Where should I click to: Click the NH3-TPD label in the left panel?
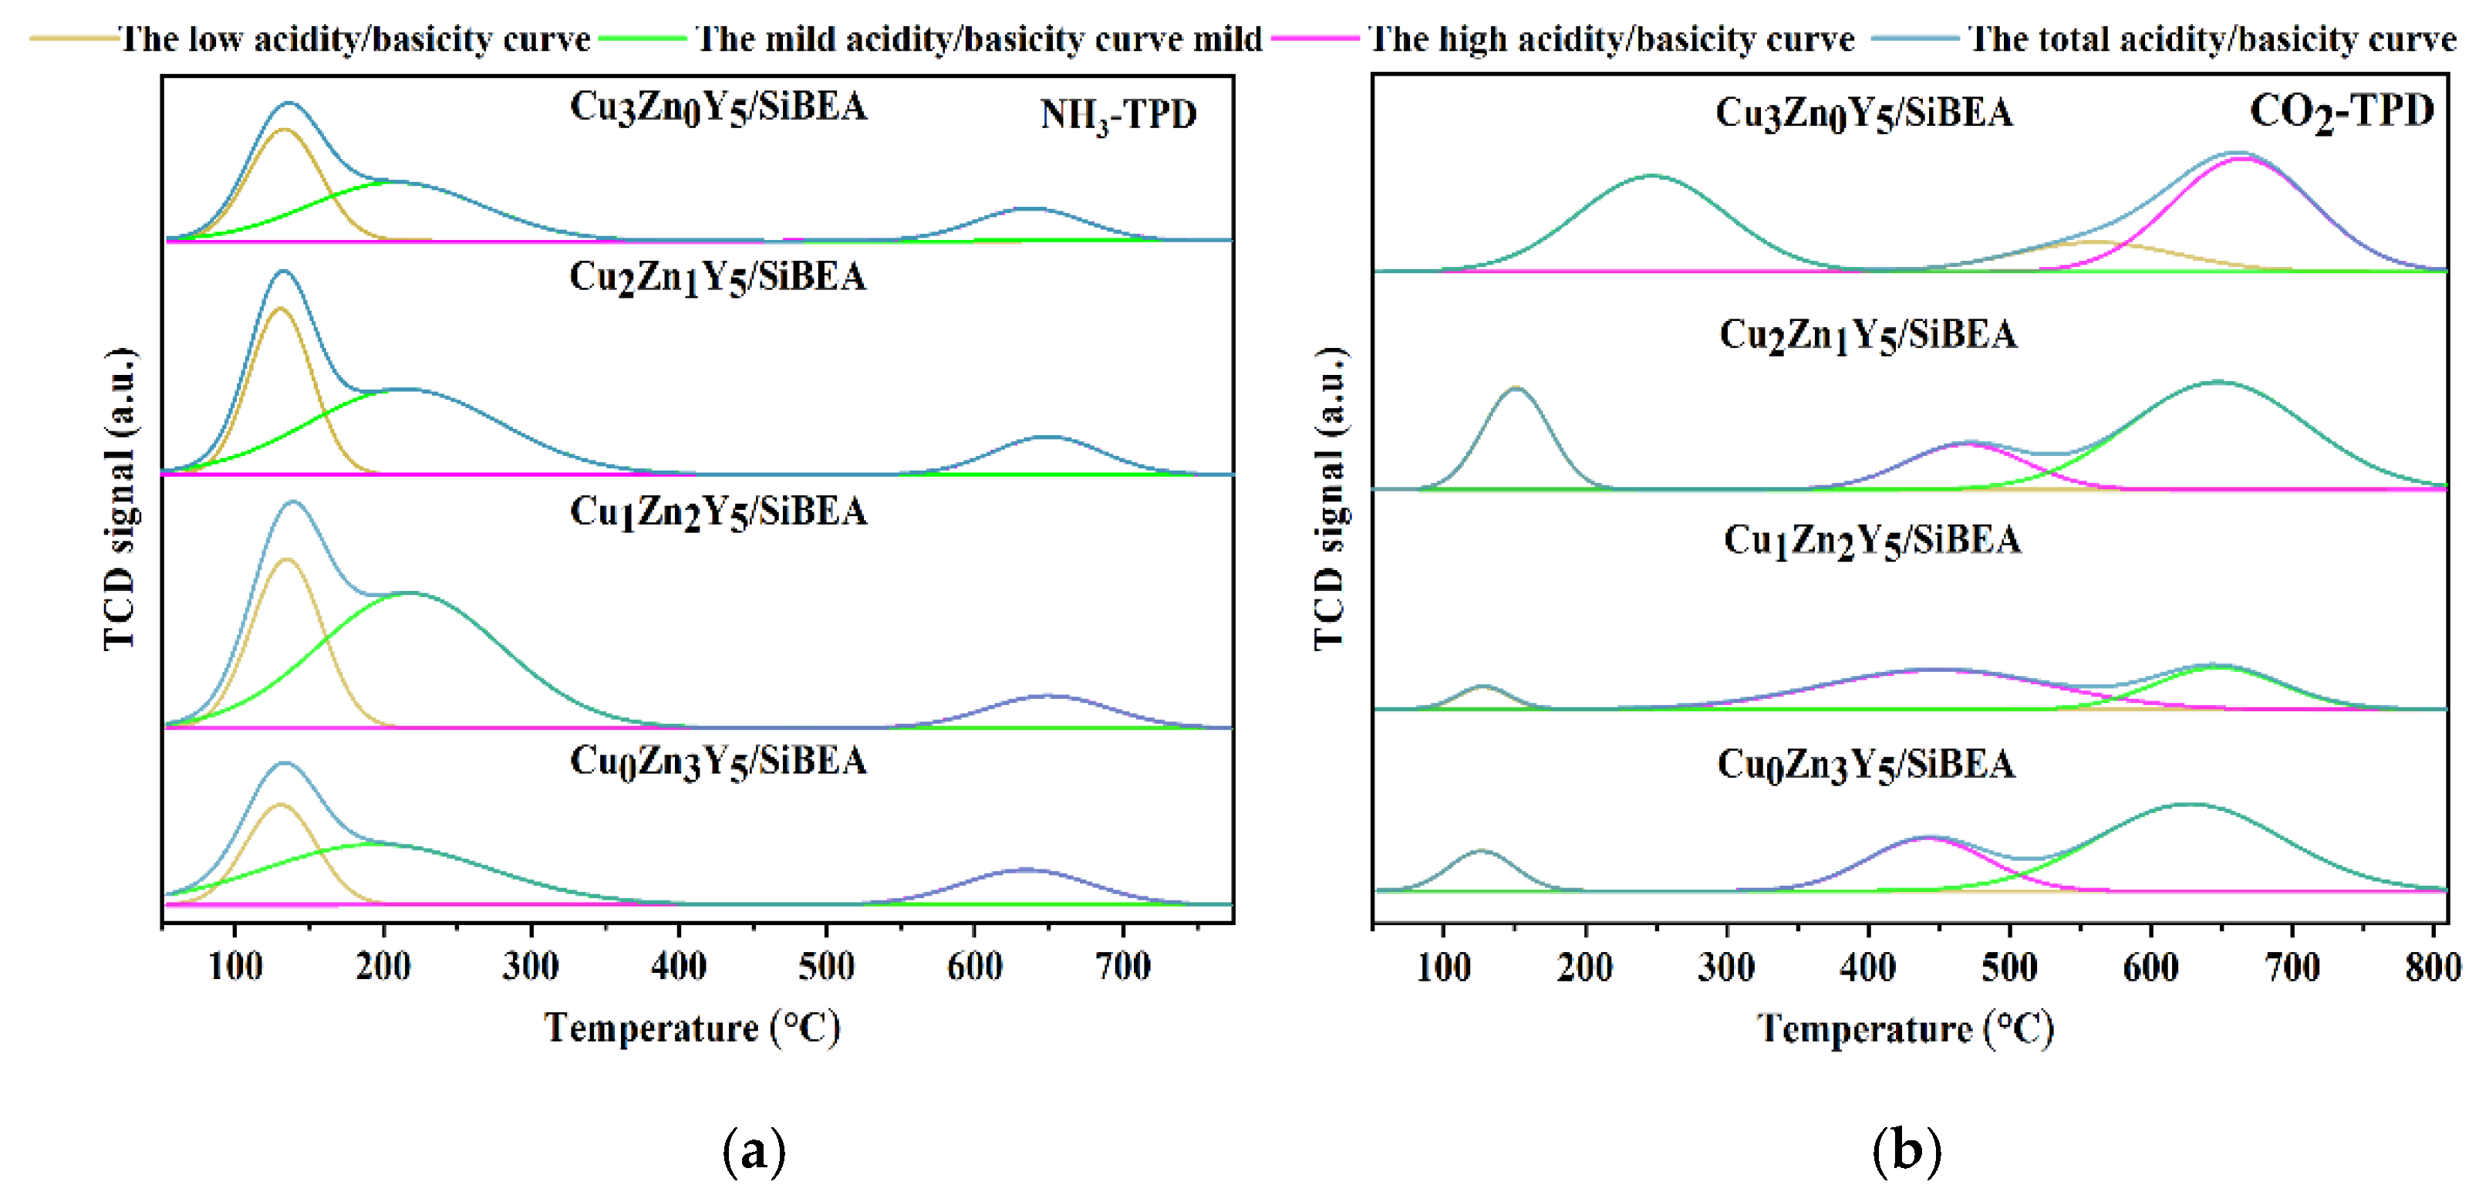pos(1118,115)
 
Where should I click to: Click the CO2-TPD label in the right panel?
pos(2340,111)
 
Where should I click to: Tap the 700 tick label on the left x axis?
pos(1123,966)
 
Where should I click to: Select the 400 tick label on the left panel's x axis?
pos(678,966)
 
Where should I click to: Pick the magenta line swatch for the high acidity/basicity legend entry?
pos(1315,38)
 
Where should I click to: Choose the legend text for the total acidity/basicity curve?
pos(2211,39)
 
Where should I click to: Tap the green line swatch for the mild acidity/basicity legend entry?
pos(642,38)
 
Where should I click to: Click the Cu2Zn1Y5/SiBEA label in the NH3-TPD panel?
pos(717,277)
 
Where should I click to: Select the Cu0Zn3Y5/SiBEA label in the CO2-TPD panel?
pos(1866,765)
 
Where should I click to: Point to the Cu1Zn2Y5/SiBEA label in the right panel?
pos(1872,540)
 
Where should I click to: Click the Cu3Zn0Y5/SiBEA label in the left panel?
pos(718,107)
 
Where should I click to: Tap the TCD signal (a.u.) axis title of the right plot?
pos(1330,498)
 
